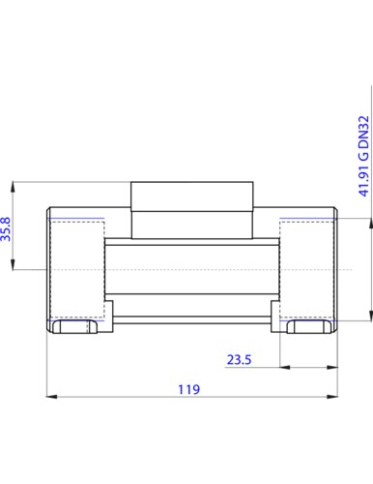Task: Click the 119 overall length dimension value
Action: [189, 389]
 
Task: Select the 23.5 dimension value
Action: [239, 359]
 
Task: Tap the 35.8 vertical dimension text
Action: [6, 229]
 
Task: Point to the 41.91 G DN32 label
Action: [363, 156]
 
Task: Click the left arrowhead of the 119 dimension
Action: [52, 397]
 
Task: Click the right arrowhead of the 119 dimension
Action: [332, 397]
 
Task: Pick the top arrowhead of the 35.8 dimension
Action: [13, 188]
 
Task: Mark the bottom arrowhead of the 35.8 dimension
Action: [13, 264]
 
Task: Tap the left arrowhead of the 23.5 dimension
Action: [285, 367]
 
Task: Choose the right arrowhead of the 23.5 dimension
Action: [332, 367]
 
